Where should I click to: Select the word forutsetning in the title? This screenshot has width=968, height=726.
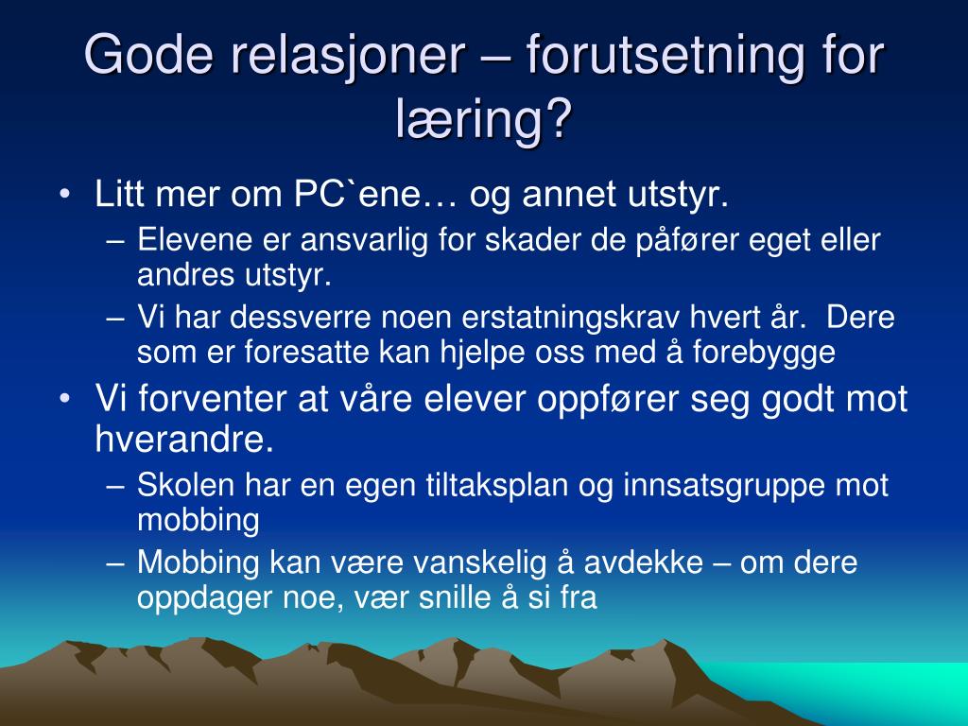click(x=665, y=56)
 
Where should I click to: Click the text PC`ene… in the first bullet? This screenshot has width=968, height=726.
click(x=375, y=194)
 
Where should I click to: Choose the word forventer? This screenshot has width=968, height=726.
click(x=212, y=398)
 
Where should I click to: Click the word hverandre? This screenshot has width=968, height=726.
click(x=184, y=439)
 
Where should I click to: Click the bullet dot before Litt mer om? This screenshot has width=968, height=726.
click(x=65, y=194)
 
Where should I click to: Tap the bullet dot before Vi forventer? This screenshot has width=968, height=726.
click(x=65, y=399)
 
